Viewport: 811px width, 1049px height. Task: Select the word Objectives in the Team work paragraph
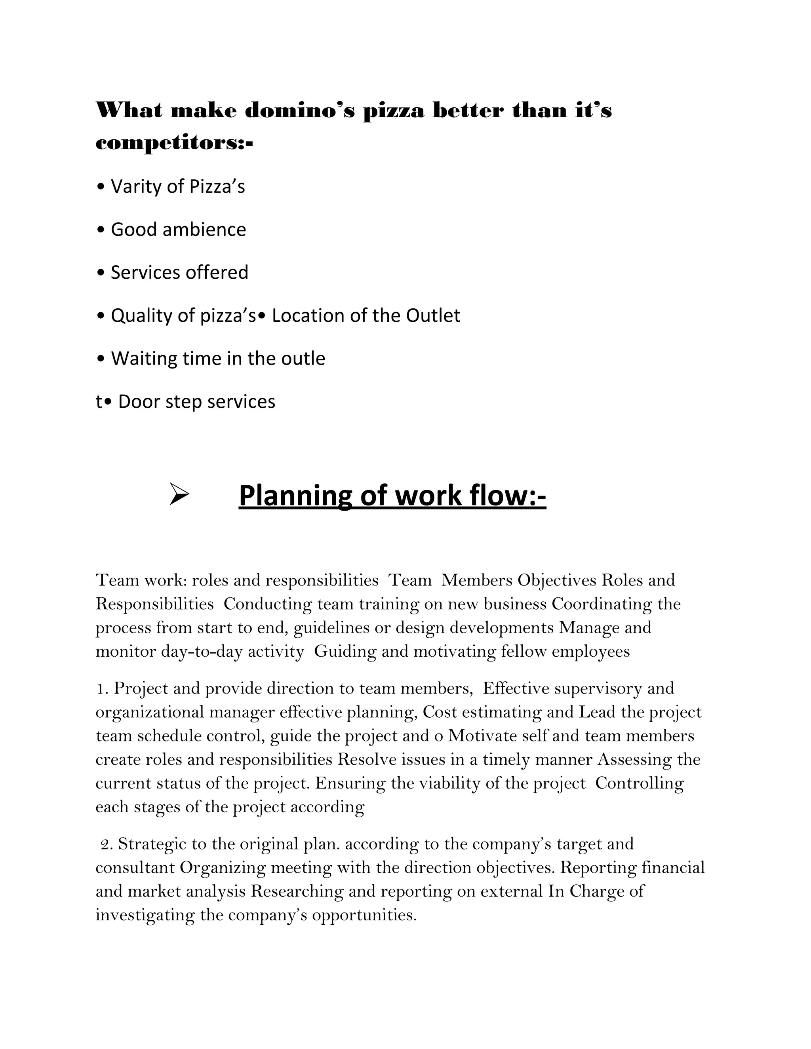pyautogui.click(x=557, y=580)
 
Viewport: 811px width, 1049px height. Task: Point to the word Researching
pyautogui.click(x=297, y=891)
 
